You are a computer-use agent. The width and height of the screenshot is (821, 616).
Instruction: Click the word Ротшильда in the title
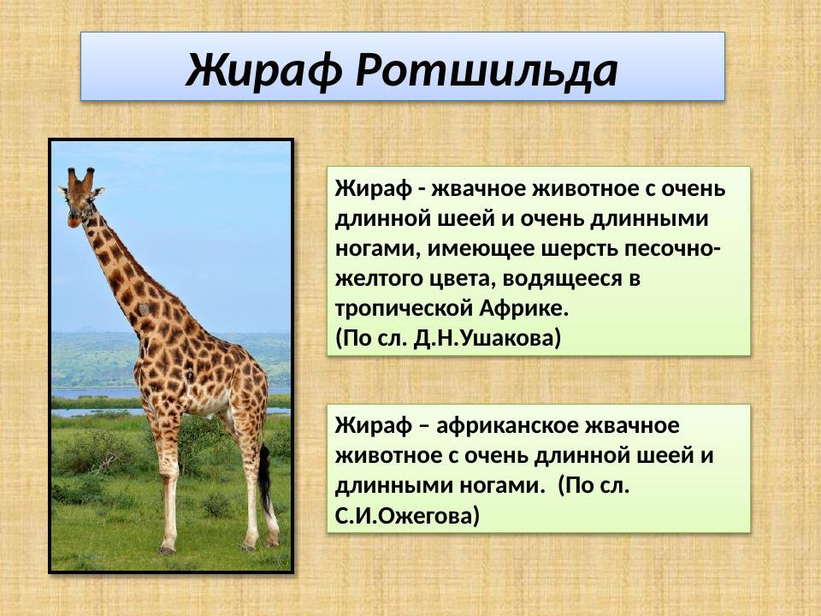tap(486, 70)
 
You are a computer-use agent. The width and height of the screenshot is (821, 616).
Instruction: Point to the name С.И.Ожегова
tap(408, 516)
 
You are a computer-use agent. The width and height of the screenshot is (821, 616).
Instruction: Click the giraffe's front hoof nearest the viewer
tap(167, 549)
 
